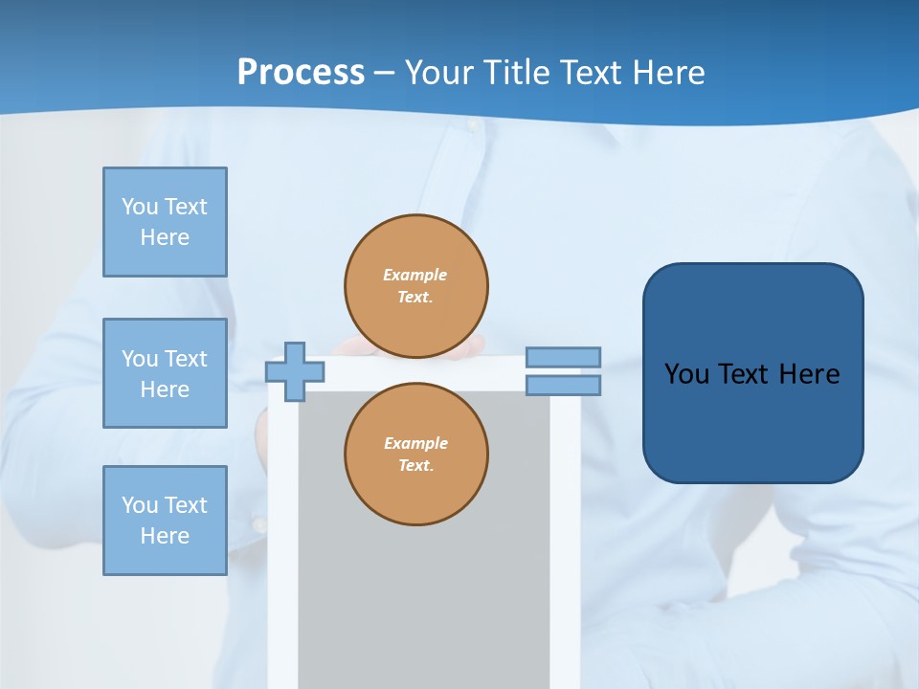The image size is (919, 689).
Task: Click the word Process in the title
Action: pyautogui.click(x=301, y=73)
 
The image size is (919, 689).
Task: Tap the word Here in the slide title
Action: pyautogui.click(x=665, y=73)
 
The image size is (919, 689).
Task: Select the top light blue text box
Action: pyautogui.click(x=165, y=222)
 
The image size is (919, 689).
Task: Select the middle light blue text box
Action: pyautogui.click(x=165, y=373)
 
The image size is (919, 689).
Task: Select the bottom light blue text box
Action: pyautogui.click(x=165, y=521)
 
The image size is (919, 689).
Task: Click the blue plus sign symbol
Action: pyautogui.click(x=295, y=371)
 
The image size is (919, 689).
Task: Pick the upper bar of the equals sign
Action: pyautogui.click(x=563, y=357)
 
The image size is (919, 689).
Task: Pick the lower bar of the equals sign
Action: pyautogui.click(x=563, y=385)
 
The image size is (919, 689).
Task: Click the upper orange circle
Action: pyautogui.click(x=416, y=285)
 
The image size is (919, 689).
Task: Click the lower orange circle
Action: pyautogui.click(x=416, y=454)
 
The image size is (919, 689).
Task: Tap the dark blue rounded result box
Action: pyautogui.click(x=752, y=373)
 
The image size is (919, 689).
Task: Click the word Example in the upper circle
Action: pyautogui.click(x=415, y=275)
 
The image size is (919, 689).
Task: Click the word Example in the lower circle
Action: pyautogui.click(x=415, y=443)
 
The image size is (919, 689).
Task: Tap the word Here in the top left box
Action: pyautogui.click(x=165, y=237)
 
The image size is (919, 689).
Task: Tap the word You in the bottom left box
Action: pyautogui.click(x=140, y=505)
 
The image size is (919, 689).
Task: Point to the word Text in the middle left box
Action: pyautogui.click(x=186, y=359)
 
